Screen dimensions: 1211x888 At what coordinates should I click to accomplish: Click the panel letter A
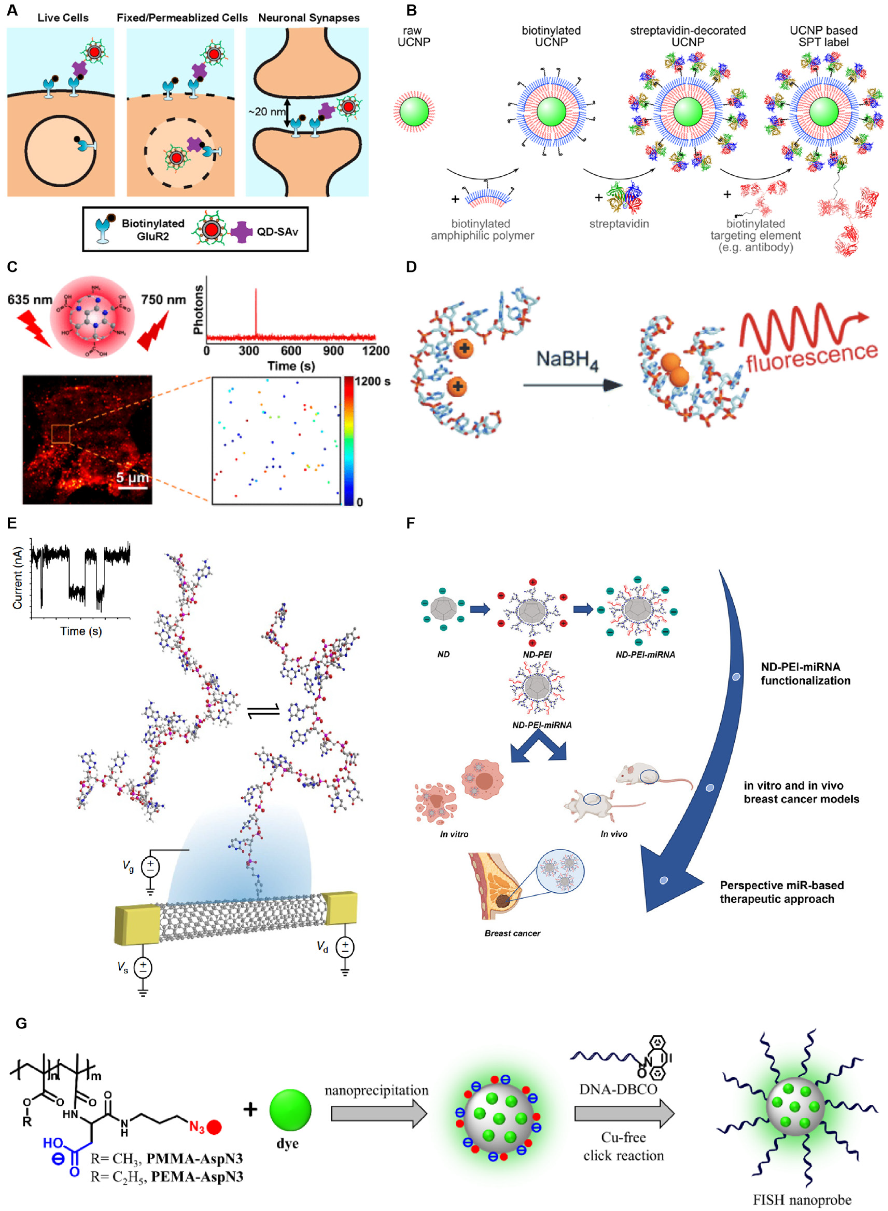12,10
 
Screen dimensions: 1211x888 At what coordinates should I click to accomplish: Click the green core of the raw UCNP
414,111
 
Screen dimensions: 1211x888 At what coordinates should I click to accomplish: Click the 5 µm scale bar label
132,477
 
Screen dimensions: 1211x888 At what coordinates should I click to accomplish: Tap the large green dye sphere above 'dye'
290,1109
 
